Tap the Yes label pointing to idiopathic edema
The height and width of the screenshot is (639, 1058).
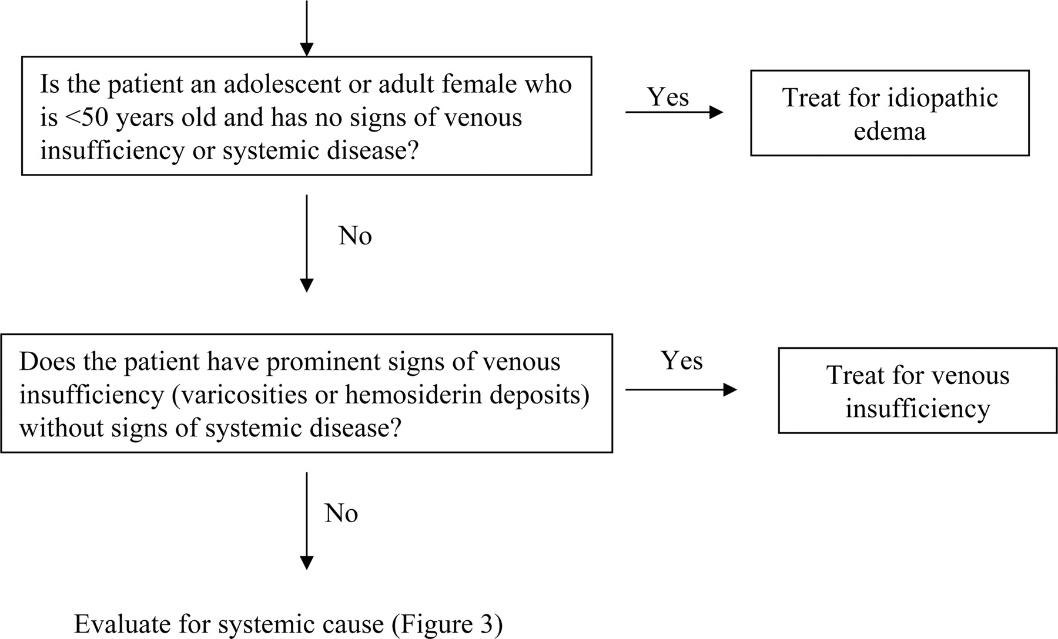coord(668,97)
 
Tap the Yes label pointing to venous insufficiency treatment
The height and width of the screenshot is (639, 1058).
coord(682,361)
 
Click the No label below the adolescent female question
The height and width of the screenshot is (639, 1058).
coord(355,236)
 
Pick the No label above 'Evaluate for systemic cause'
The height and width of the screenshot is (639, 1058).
coord(341,514)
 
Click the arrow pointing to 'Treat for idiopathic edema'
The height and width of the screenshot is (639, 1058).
coord(674,112)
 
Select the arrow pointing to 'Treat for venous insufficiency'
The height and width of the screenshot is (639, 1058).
coord(681,389)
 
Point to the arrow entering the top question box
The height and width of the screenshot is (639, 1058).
coord(306,28)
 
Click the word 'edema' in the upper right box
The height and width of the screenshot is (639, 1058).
coord(889,130)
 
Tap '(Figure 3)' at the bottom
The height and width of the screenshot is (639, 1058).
coord(447,625)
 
